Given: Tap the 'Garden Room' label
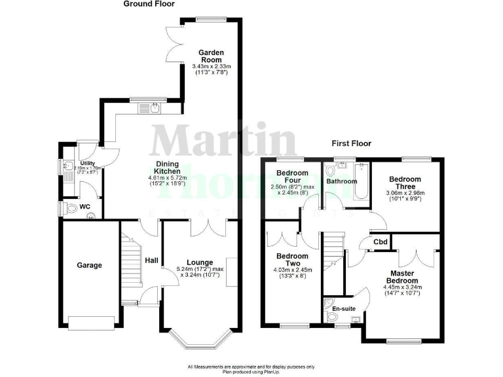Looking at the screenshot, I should (212, 56).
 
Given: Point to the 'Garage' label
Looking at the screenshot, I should (90, 265).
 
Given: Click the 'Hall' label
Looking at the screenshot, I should (151, 260).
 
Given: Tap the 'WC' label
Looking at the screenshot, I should (84, 207).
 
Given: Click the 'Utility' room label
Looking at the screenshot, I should (87, 163).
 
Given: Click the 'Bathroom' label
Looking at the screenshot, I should (343, 181).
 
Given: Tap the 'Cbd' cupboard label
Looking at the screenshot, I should (380, 241).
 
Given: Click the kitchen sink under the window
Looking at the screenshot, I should (155, 108).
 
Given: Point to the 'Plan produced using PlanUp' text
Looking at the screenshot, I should (251, 371).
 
